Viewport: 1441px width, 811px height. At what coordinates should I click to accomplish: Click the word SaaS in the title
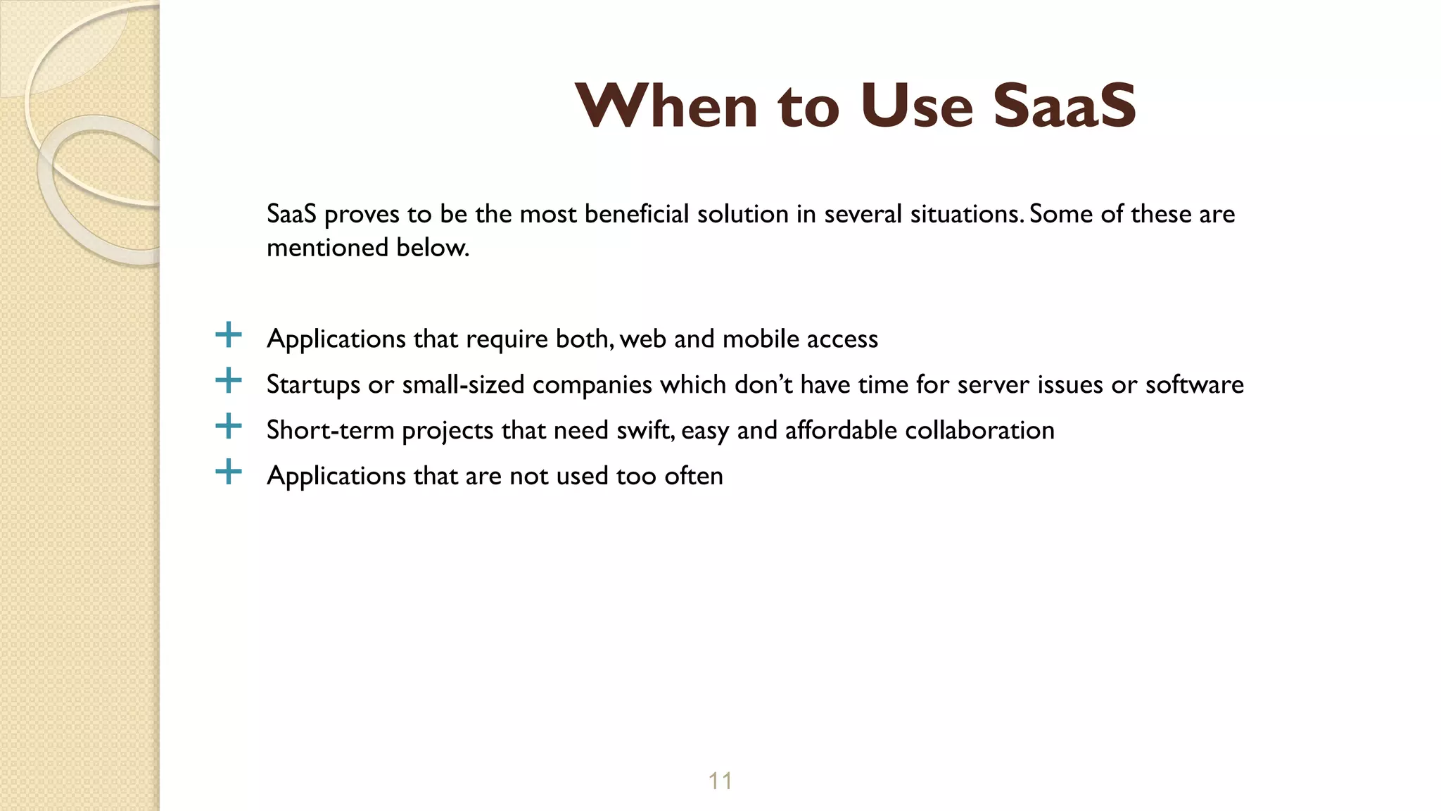[x=1064, y=106]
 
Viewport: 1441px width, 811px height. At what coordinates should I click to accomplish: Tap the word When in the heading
[x=666, y=106]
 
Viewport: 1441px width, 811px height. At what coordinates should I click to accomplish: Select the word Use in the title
[x=916, y=106]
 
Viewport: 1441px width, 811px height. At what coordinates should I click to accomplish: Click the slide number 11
[x=720, y=781]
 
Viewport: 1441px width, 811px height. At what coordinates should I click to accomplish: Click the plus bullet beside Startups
[x=228, y=381]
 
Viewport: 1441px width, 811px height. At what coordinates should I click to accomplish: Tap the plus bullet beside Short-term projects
[x=228, y=427]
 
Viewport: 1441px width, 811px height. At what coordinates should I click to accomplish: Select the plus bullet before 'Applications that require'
[x=228, y=335]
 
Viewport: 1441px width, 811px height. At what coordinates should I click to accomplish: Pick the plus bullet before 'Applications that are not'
[x=228, y=472]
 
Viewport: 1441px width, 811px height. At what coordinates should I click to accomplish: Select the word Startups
[x=313, y=385]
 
